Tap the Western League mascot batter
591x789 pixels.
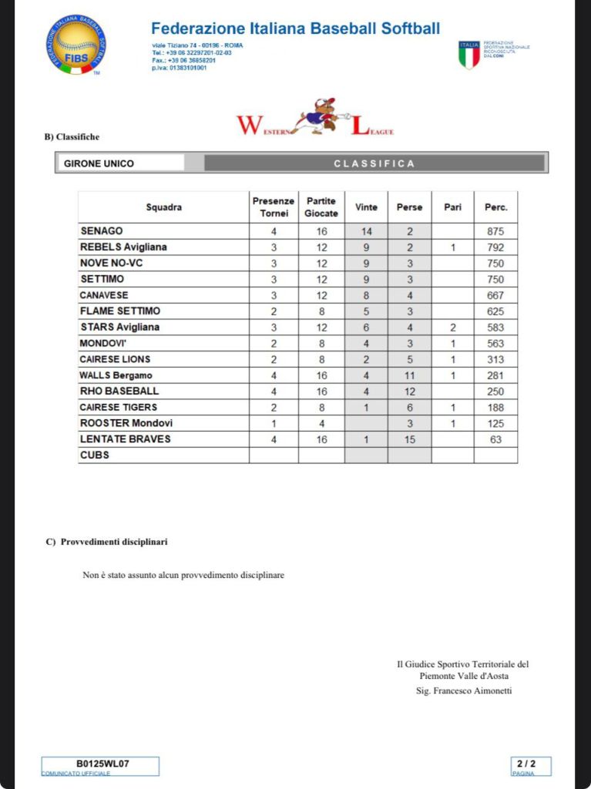(x=321, y=116)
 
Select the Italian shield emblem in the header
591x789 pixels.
(x=468, y=55)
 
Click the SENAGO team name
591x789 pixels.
(x=102, y=231)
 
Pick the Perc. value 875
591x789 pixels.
(x=495, y=231)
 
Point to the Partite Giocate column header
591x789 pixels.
(x=321, y=207)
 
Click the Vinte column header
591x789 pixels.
(x=366, y=207)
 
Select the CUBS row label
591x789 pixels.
(x=95, y=455)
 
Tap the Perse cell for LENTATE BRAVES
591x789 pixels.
(x=409, y=439)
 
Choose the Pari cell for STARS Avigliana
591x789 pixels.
(x=452, y=327)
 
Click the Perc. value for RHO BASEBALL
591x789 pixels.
(x=495, y=391)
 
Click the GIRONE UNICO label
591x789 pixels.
(x=99, y=163)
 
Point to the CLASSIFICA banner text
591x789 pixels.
(x=374, y=163)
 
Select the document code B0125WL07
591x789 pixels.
(x=102, y=764)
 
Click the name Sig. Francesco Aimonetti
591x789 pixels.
(x=463, y=691)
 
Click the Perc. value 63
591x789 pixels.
(x=495, y=439)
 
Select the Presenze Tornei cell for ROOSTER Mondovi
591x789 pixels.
(x=273, y=423)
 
